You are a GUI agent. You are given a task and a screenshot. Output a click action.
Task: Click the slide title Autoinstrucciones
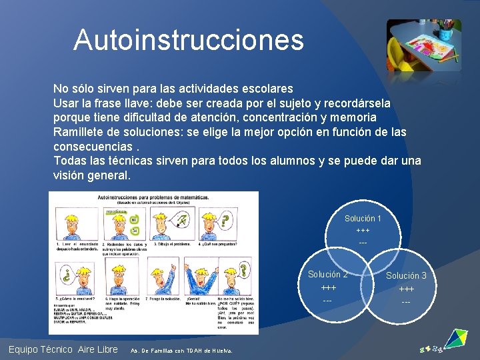pos(189,40)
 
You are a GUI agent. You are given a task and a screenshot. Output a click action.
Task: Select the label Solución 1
pos(363,219)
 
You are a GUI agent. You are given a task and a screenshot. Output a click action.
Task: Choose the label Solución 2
pos(327,275)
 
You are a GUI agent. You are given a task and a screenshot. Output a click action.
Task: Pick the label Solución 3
pos(406,275)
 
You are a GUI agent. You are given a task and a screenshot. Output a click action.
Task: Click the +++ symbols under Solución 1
pos(363,230)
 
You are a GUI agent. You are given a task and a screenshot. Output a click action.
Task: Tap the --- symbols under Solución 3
pos(406,302)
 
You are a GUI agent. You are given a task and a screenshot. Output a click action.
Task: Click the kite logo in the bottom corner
pos(456,338)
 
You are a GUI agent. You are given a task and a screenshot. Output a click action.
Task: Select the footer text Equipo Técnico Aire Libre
pos(63,349)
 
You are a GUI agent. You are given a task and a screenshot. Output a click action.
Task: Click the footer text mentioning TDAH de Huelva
pos(181,350)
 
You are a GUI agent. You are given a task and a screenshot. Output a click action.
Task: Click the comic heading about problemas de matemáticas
pos(153,197)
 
